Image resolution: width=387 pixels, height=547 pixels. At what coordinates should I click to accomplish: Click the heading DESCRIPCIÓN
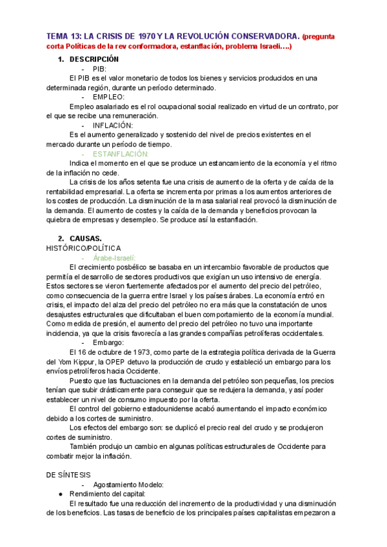point(96,59)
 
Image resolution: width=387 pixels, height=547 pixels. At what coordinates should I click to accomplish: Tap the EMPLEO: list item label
point(108,97)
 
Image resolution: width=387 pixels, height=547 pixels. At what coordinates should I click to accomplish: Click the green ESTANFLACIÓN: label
point(121,154)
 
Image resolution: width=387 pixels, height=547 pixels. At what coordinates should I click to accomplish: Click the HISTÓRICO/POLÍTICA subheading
point(83,248)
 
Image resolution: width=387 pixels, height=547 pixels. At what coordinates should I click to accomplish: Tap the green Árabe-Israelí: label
point(118,257)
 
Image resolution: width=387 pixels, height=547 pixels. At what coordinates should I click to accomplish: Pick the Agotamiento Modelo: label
point(128,484)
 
